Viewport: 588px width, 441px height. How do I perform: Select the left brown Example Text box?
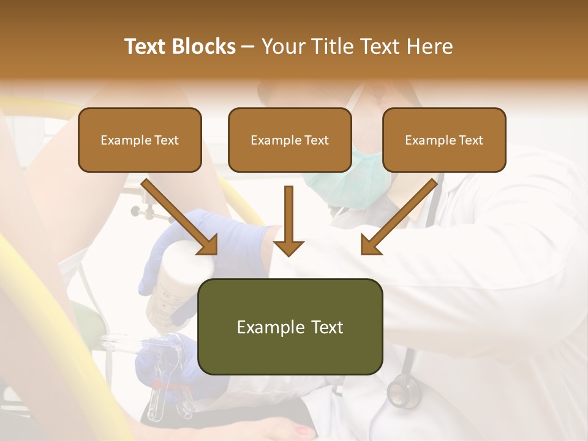tap(140, 140)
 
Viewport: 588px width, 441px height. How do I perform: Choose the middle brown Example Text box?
tap(290, 140)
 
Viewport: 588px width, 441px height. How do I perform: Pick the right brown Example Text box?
tap(444, 140)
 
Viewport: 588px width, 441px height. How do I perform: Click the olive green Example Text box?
tap(290, 327)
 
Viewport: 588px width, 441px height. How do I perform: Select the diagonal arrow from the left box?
tap(180, 217)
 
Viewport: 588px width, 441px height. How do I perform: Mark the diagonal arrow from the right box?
tap(400, 217)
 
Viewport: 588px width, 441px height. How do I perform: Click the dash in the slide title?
tap(248, 47)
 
